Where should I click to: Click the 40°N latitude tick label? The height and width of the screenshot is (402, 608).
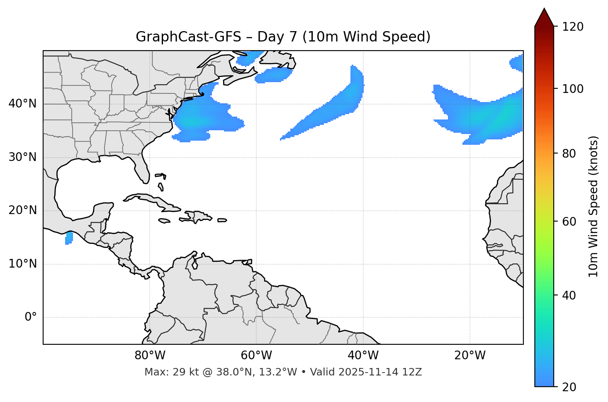[x=22, y=104]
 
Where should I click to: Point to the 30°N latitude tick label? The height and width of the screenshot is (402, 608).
[x=22, y=157]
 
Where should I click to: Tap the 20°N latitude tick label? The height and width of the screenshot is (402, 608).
[x=22, y=210]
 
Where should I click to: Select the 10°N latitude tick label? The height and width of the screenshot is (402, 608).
[x=22, y=264]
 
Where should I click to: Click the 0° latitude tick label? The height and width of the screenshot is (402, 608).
[x=31, y=317]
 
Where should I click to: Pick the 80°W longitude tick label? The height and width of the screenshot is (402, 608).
[x=150, y=356]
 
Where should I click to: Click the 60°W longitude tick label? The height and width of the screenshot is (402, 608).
[x=256, y=356]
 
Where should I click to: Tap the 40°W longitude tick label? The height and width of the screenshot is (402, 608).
[x=363, y=356]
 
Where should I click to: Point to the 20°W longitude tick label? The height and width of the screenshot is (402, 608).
[x=470, y=356]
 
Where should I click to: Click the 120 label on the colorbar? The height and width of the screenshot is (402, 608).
[x=572, y=27]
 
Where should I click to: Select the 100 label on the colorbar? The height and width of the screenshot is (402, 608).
[x=572, y=89]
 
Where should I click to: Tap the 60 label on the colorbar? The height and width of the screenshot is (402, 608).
[x=569, y=222]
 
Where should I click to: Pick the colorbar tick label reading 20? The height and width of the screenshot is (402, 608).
[x=569, y=387]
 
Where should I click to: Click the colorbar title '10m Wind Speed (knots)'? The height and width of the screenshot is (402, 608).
[x=593, y=206]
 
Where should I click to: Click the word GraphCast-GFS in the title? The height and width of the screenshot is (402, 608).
[x=188, y=37]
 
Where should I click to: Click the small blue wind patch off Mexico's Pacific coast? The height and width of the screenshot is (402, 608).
[x=69, y=238]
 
